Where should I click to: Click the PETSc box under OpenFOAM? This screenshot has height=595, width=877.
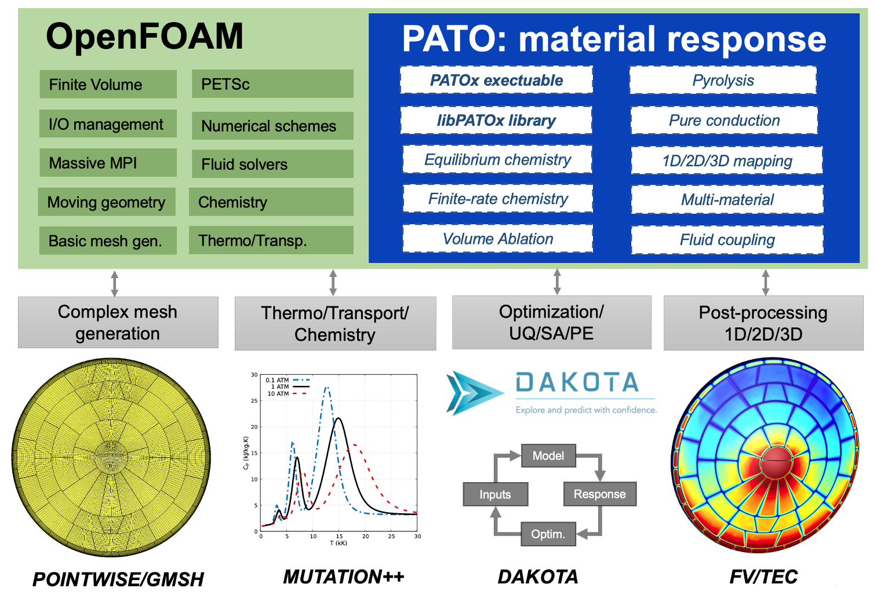click(x=272, y=84)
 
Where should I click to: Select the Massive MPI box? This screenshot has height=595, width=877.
click(x=108, y=163)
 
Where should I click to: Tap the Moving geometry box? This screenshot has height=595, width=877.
click(x=107, y=202)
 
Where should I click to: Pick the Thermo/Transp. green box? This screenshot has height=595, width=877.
click(x=271, y=240)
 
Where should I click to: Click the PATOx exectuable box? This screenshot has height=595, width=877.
click(x=496, y=80)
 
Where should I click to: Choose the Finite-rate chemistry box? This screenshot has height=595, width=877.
click(x=498, y=199)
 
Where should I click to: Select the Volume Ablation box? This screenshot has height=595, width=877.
click(x=498, y=239)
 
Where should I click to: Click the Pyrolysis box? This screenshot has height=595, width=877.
click(x=723, y=80)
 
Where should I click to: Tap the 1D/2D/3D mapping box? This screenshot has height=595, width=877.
click(x=727, y=160)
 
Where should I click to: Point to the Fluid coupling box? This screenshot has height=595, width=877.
click(x=727, y=240)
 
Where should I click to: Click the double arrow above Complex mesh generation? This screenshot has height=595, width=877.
click(x=115, y=283)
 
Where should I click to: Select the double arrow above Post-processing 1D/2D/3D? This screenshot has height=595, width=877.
click(x=765, y=282)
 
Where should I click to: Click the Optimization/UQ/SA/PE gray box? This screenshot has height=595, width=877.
click(x=551, y=323)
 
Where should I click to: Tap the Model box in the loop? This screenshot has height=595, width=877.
click(x=548, y=456)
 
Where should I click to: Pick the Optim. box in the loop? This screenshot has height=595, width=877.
click(x=548, y=534)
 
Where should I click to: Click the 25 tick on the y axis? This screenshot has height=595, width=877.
click(x=254, y=401)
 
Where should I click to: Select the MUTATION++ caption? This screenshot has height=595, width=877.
click(x=343, y=576)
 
